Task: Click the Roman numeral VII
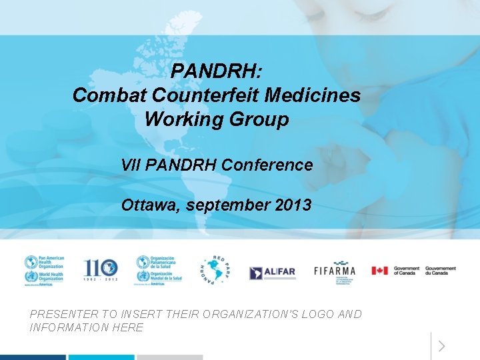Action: pos(131,165)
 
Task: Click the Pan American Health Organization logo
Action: pos(44,271)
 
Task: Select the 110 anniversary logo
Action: pos(100,270)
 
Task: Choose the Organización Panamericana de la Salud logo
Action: pos(159,271)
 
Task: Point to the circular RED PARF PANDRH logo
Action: pos(215,271)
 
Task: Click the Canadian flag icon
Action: pos(379,271)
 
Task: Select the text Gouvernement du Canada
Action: pos(440,271)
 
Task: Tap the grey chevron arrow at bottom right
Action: pos(442,346)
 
